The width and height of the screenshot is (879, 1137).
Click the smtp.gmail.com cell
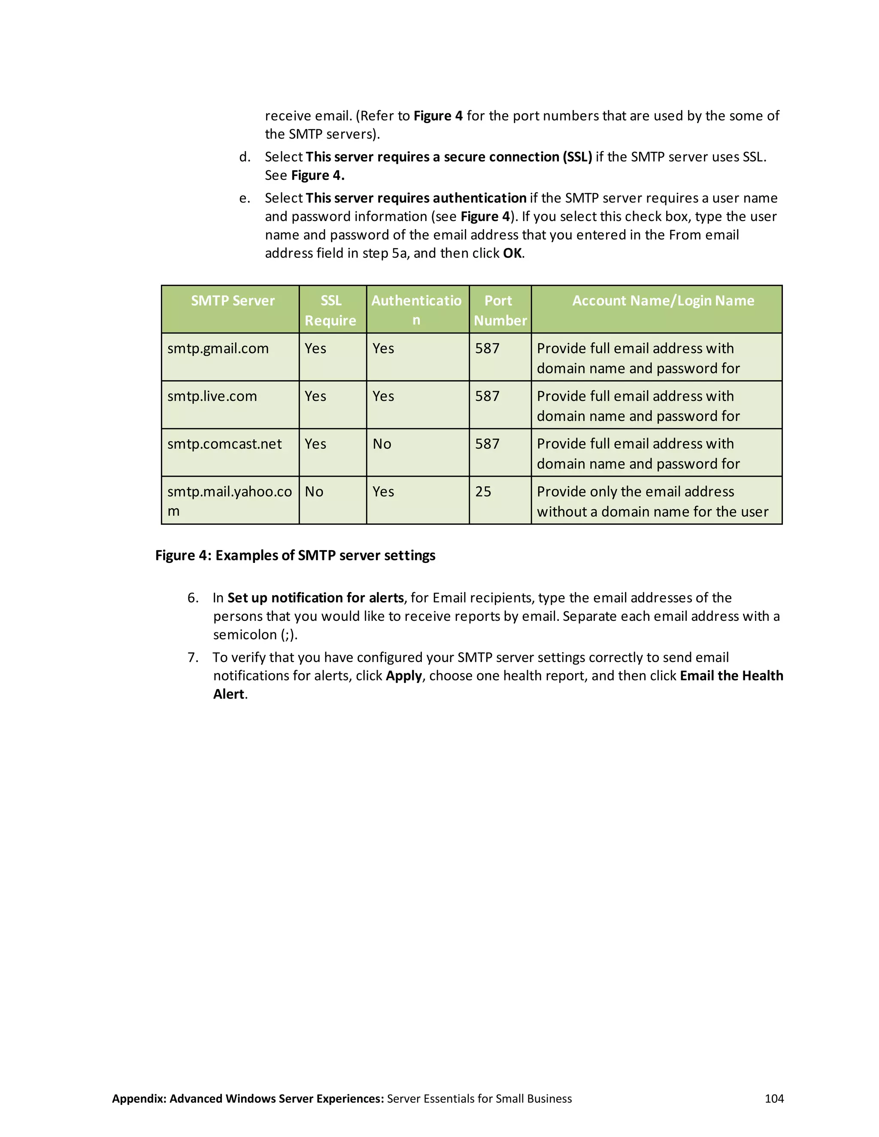tap(218, 348)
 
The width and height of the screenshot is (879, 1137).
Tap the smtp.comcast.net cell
tap(224, 444)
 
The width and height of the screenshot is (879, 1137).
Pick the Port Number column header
tap(500, 310)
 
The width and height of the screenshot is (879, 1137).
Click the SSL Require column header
tap(330, 310)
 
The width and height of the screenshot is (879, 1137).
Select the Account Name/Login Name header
tap(663, 301)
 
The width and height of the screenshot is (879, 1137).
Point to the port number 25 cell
tap(483, 492)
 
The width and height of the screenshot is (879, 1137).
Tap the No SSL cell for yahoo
tap(314, 492)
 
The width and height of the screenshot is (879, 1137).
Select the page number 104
tap(774, 1098)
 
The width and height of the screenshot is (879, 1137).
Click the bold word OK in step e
tap(512, 254)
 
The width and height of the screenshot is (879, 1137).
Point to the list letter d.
tap(244, 157)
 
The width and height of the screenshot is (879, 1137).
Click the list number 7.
tap(193, 657)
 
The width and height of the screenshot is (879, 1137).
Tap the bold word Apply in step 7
tap(403, 676)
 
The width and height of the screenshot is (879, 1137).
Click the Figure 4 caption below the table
tap(295, 556)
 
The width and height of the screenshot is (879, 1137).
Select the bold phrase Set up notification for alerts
tap(315, 598)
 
